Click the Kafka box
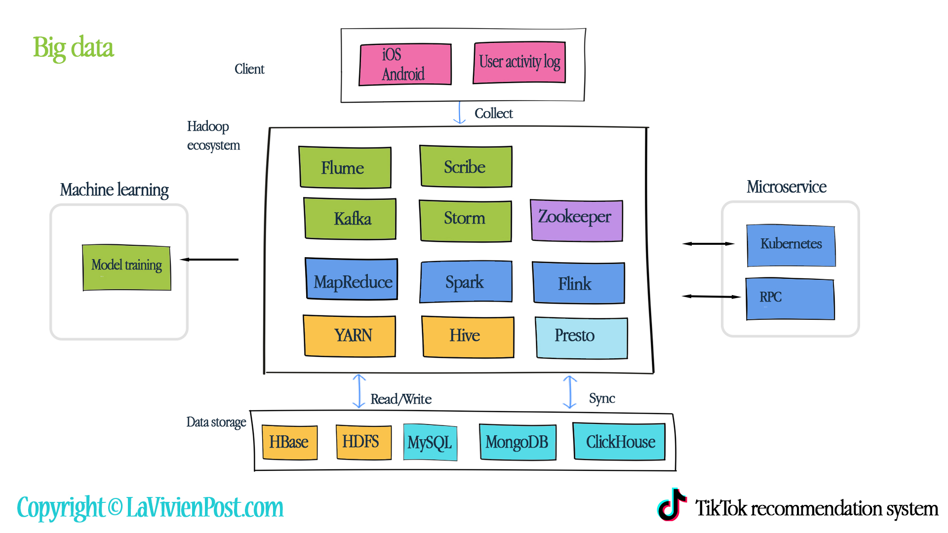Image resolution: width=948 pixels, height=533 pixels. (350, 219)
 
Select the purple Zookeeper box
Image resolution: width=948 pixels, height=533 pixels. (576, 220)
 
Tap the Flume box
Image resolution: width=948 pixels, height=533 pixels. (345, 167)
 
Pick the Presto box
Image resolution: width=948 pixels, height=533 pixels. (581, 338)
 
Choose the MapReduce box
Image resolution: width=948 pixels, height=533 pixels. (352, 279)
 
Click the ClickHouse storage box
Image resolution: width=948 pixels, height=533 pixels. (619, 441)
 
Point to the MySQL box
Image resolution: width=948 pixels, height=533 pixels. (430, 442)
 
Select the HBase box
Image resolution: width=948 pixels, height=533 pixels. (289, 442)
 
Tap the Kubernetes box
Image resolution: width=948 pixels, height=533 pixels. (790, 246)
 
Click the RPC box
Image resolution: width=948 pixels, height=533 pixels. (790, 299)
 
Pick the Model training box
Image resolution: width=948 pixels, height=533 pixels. (126, 267)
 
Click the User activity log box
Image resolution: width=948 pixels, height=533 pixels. (519, 63)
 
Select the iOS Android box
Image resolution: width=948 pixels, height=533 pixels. (405, 65)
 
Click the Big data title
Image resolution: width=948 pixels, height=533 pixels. (73, 48)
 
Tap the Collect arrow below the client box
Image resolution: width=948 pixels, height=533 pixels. (460, 113)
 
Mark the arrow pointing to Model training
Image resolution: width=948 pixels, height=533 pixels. (209, 260)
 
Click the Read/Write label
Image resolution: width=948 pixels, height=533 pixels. (401, 399)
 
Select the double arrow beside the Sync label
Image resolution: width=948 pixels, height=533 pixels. (570, 392)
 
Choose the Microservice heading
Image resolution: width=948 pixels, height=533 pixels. (786, 187)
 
